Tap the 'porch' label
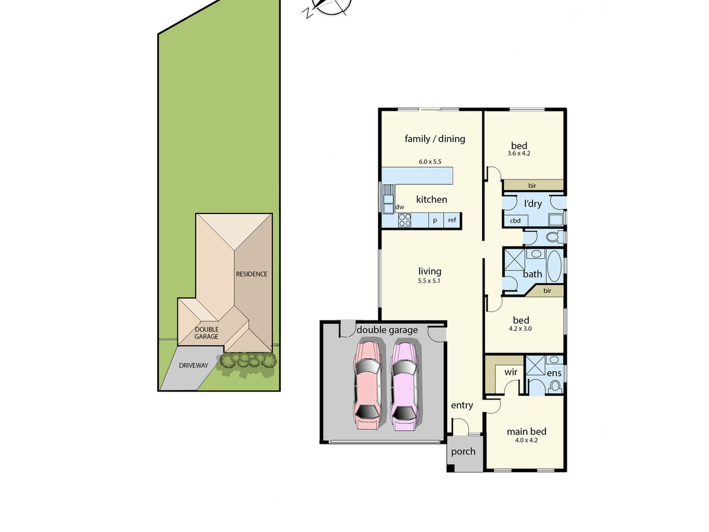463,452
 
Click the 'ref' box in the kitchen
452,220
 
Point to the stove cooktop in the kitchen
404,220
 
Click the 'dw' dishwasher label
400,207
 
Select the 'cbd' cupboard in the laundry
515,221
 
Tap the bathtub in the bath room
554,266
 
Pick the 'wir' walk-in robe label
511,372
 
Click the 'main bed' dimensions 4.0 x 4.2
526,440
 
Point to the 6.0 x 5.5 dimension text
430,162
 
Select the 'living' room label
430,271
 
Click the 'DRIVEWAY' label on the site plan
194,365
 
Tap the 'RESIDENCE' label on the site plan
252,274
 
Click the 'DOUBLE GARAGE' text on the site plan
207,333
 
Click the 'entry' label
462,405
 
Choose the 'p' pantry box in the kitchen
435,220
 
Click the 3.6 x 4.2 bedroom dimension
519,154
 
